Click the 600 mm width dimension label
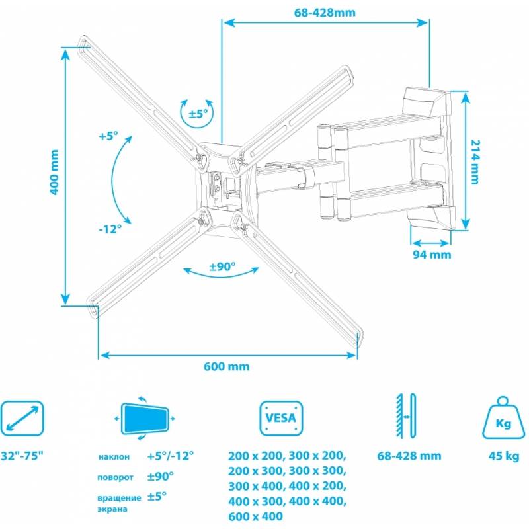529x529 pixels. (x=226, y=366)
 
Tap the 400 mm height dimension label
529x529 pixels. (x=54, y=172)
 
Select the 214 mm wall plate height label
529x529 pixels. (x=475, y=161)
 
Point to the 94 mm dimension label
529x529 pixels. (x=432, y=254)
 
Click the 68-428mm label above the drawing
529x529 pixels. (x=325, y=13)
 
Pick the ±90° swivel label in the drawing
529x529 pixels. (x=222, y=266)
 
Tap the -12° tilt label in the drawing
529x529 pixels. (x=110, y=229)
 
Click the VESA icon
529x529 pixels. (x=281, y=418)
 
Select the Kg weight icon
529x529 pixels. (x=503, y=418)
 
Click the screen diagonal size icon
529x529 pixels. (x=22, y=419)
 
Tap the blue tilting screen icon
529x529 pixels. (x=145, y=419)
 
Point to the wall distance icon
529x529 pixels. (x=406, y=416)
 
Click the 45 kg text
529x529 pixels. (x=504, y=456)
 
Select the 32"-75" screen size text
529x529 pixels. (x=22, y=456)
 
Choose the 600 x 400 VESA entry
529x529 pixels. (x=256, y=516)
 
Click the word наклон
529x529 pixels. (x=114, y=457)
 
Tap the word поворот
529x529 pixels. (x=115, y=477)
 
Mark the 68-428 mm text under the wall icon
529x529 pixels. (x=409, y=456)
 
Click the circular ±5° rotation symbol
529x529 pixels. (x=197, y=113)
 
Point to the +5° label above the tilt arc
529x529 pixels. (x=108, y=136)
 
